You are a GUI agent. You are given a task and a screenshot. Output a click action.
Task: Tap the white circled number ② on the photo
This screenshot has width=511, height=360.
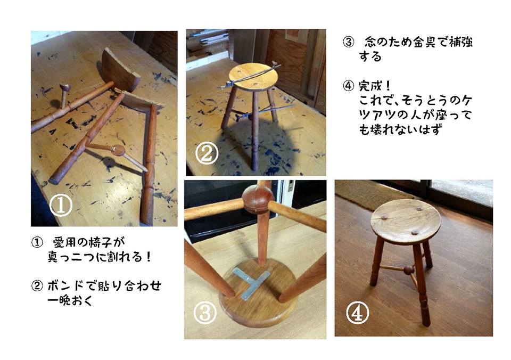[x=207, y=154]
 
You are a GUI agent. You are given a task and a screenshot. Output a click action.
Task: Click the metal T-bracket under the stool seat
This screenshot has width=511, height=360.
[x=249, y=282]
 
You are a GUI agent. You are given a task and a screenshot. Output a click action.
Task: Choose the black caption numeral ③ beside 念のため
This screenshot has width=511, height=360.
[x=347, y=43]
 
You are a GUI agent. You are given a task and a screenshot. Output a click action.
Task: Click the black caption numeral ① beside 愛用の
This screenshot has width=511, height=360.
[x=37, y=242]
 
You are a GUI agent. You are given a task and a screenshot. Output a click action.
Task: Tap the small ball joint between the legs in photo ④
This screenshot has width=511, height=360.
[x=408, y=270]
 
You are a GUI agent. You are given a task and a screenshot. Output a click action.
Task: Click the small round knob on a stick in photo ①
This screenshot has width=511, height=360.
[x=65, y=87]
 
